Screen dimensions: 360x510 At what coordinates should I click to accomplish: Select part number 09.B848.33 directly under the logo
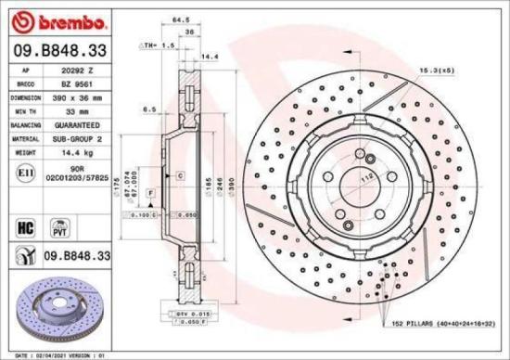pos(58,49)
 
